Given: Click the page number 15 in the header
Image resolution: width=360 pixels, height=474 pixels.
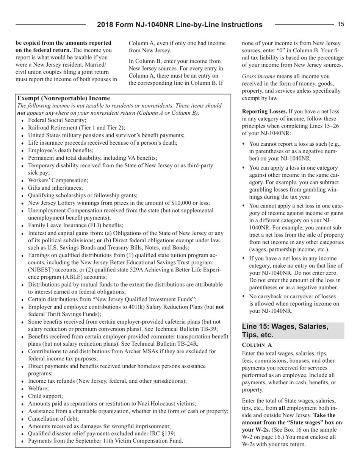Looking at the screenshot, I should point(341,25).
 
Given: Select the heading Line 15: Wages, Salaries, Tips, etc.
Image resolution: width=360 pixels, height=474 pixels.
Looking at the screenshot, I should point(285,331).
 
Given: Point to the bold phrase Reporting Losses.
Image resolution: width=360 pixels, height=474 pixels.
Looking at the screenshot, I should point(265,111).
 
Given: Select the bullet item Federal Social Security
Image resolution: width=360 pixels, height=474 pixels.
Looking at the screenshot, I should point(52,120).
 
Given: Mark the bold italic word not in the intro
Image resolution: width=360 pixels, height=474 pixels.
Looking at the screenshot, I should point(21,113).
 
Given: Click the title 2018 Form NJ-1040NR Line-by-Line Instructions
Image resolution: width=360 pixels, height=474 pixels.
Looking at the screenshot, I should point(180,25).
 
